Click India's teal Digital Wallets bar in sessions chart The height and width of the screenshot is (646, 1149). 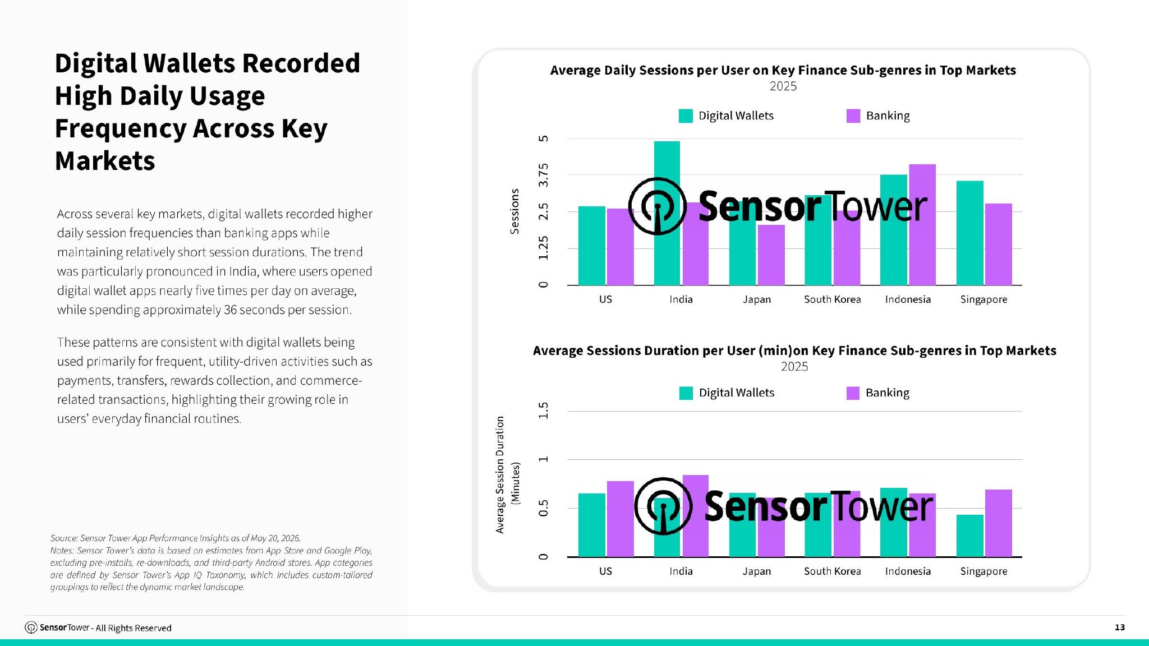pyautogui.click(x=667, y=213)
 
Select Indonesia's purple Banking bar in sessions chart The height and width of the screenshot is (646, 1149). pyautogui.click(x=922, y=225)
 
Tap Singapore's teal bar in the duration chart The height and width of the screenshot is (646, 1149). pyautogui.click(x=970, y=536)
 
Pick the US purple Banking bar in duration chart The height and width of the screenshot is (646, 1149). pyautogui.click(x=621, y=519)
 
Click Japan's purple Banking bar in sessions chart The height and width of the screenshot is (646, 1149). pyautogui.click(x=771, y=255)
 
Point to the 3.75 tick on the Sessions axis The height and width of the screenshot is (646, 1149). pyautogui.click(x=543, y=175)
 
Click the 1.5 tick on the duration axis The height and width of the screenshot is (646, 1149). pyautogui.click(x=543, y=410)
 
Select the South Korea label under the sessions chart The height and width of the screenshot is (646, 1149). pyautogui.click(x=833, y=299)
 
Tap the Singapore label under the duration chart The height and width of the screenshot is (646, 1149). pyautogui.click(x=983, y=571)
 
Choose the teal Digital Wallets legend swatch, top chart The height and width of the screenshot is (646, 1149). pyautogui.click(x=686, y=116)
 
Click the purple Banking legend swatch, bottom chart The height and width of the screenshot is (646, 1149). pyautogui.click(x=853, y=393)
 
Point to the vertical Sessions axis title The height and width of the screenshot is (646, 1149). pyautogui.click(x=514, y=211)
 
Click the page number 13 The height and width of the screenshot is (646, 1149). pyautogui.click(x=1120, y=627)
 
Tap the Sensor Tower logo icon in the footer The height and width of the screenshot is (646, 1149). pyautogui.click(x=31, y=627)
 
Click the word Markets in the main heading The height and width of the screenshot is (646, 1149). pyautogui.click(x=105, y=161)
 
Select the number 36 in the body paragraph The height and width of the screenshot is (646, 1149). pyautogui.click(x=230, y=310)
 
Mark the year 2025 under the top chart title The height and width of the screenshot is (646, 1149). pyautogui.click(x=783, y=86)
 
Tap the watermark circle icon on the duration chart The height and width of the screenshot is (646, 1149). pyautogui.click(x=663, y=506)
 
